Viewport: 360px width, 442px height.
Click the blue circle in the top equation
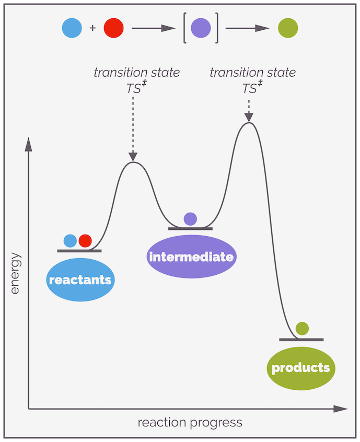click(72, 28)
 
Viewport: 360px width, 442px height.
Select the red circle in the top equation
click(113, 28)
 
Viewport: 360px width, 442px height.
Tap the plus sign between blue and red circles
click(92, 28)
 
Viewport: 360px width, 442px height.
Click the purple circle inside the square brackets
click(201, 28)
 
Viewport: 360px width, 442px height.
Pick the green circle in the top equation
click(288, 28)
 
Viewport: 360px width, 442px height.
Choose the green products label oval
click(300, 368)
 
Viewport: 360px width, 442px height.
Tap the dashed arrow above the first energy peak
click(133, 128)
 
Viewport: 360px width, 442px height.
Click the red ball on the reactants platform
click(85, 241)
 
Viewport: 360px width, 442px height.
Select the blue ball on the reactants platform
click(70, 241)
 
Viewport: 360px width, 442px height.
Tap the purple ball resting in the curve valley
click(190, 219)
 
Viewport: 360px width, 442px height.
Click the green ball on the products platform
click(302, 329)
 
